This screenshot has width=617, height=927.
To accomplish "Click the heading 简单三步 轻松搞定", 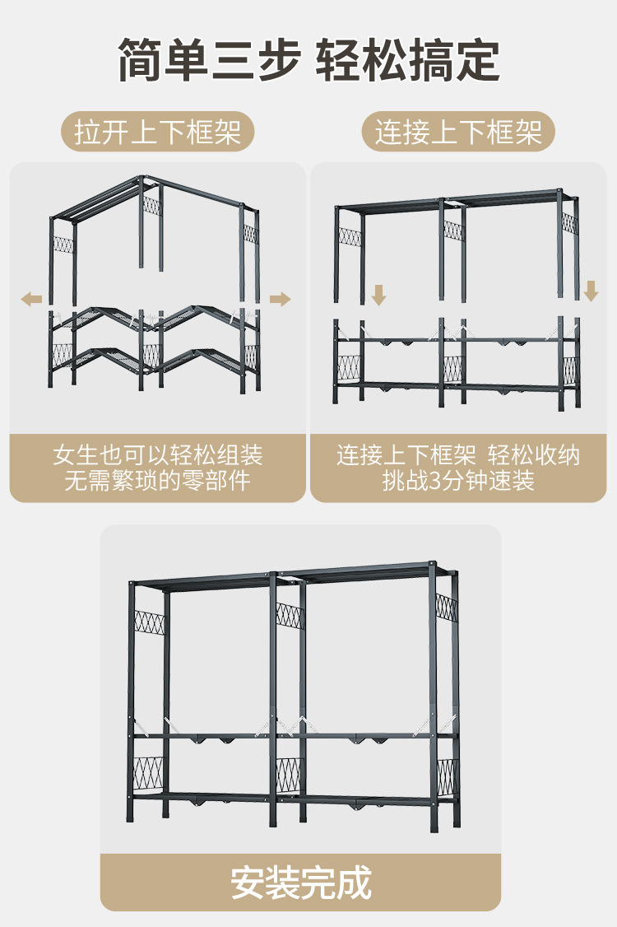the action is click(308, 59).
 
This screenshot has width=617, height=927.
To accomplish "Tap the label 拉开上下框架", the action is click(158, 132).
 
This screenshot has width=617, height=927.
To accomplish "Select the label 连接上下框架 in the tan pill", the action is click(458, 132).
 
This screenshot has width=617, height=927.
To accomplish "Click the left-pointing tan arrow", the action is click(32, 298).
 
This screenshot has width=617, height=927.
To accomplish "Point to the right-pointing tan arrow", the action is click(281, 298).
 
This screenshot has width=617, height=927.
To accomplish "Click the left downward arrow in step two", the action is click(378, 294).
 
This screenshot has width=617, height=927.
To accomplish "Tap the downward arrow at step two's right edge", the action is click(591, 291).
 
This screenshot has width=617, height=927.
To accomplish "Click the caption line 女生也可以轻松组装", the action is click(158, 455).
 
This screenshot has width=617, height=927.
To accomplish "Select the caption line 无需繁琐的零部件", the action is click(158, 480).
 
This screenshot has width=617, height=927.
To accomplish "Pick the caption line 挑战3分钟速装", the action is click(458, 480).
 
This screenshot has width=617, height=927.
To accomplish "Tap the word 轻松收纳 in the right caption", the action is click(534, 455).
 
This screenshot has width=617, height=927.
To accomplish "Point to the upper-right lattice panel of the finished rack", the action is click(446, 609).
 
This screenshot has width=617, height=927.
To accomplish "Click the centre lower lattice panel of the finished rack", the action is click(289, 772).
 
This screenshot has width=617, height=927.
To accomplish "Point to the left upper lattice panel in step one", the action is click(63, 245).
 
